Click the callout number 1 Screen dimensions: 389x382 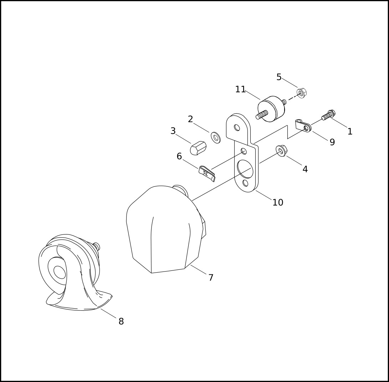(x=350, y=131)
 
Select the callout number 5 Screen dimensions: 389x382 (x=279, y=77)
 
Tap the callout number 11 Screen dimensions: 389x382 (x=240, y=89)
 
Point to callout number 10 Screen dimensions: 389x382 (x=278, y=202)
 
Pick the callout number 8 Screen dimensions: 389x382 (x=121, y=321)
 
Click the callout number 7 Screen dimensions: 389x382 (x=211, y=278)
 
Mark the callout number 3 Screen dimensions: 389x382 (x=173, y=131)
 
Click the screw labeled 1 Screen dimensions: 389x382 (x=328, y=115)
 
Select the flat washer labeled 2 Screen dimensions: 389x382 (x=216, y=138)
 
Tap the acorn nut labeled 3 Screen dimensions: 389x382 (x=198, y=148)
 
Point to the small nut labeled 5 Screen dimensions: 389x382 (x=302, y=93)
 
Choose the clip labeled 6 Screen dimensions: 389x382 (x=207, y=174)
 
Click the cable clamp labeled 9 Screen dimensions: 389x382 (x=303, y=126)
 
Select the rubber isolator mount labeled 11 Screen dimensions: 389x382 (x=271, y=109)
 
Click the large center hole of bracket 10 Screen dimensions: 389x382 (x=245, y=169)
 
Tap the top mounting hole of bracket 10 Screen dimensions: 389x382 (x=237, y=128)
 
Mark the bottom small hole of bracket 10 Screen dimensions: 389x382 (x=245, y=183)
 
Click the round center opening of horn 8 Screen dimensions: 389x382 (x=60, y=272)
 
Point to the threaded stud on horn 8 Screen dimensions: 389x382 (x=97, y=246)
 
